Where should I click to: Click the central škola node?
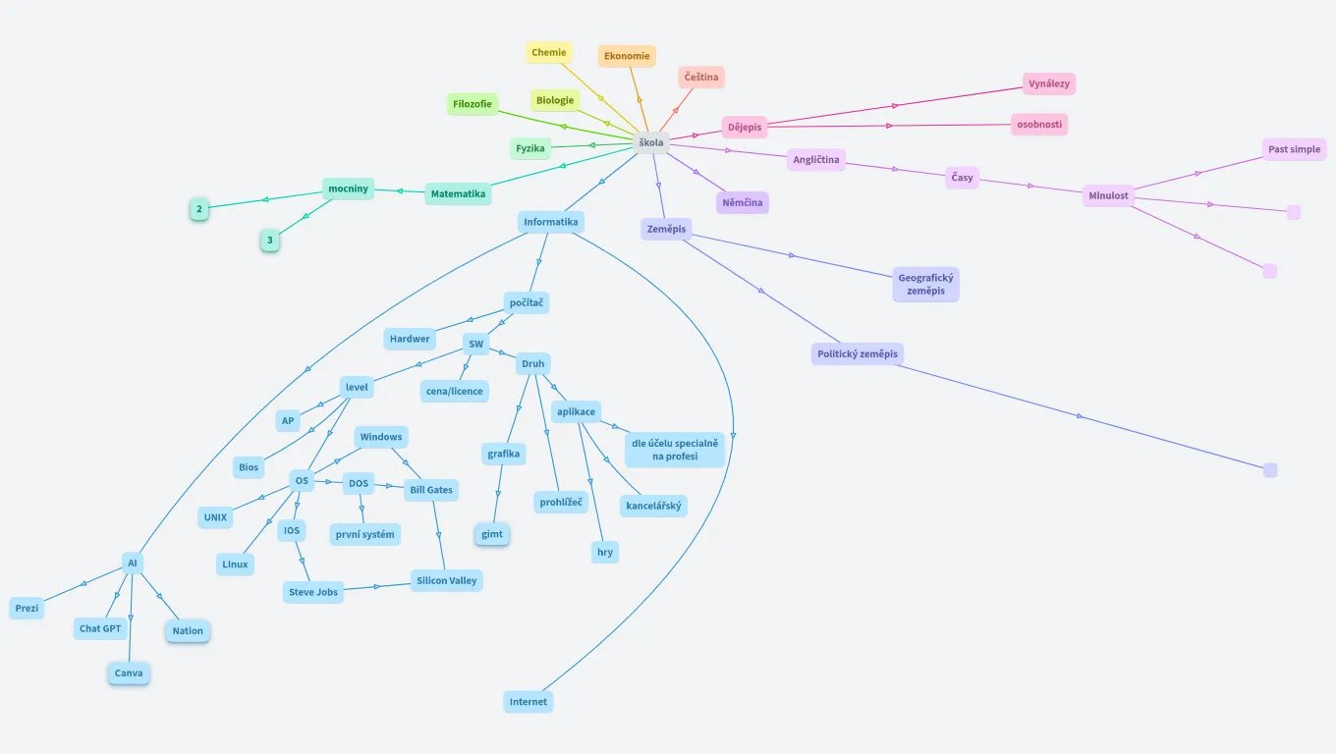coord(650,142)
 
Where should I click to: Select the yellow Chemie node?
coord(548,53)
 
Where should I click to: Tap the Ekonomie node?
coord(627,56)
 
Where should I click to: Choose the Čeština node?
coord(701,78)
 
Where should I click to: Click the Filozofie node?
coord(473,104)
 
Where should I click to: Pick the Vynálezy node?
coord(1048,84)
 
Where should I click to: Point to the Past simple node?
coord(1294,149)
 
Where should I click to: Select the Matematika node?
coord(458,194)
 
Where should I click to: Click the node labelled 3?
coord(270,241)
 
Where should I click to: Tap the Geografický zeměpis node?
coord(925,285)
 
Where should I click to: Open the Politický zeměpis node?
coord(858,354)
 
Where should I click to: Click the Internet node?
coord(529,702)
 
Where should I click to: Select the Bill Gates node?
coord(431,490)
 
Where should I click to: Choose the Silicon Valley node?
coord(446,581)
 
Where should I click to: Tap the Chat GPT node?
coord(100,629)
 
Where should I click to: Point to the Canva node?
coord(129,673)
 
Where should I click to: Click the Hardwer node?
coord(410,340)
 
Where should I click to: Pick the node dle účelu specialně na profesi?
coord(674,450)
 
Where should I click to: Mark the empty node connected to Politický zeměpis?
coord(1270,470)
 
